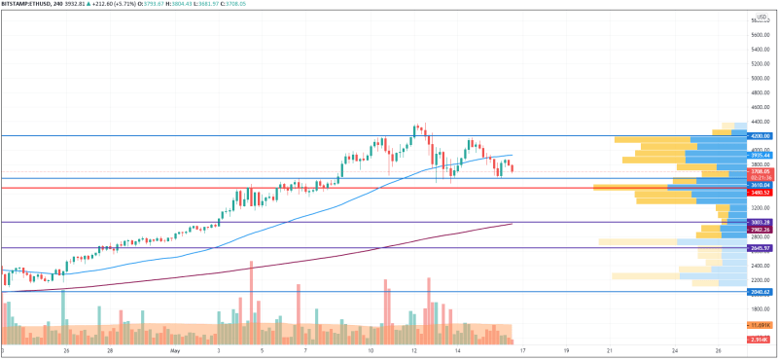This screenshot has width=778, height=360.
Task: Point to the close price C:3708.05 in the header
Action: point(287,5)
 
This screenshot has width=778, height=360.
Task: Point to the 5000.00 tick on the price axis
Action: point(760,78)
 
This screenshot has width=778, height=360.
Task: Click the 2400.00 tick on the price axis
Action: point(760,265)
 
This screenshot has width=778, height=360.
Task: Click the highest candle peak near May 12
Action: point(416,125)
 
